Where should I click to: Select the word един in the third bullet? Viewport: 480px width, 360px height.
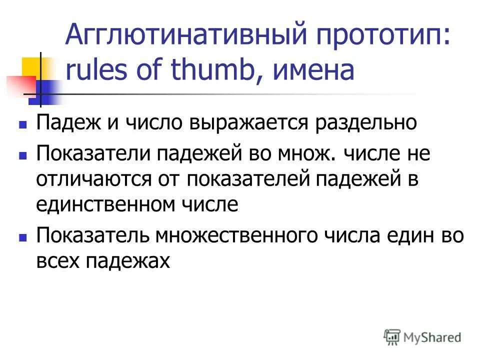tap(405, 235)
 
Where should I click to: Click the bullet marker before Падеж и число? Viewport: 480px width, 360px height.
tap(22, 123)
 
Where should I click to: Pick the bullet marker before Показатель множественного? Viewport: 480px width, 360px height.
tap(22, 236)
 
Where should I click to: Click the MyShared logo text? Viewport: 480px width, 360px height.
tap(433, 337)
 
